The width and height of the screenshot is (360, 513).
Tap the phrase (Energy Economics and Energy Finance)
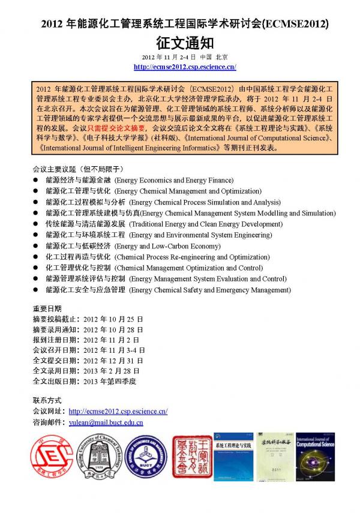pyautogui.click(x=174, y=180)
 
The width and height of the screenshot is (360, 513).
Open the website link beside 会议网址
pyautogui.click(x=118, y=411)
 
